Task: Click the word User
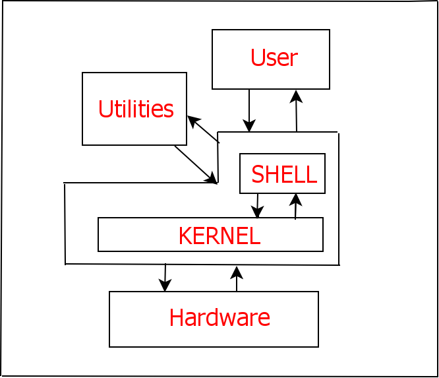(x=274, y=58)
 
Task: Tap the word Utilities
(x=136, y=109)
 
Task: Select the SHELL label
(x=283, y=174)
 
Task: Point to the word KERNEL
(x=219, y=236)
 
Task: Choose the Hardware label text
(x=219, y=317)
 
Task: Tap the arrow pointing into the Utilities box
(x=202, y=129)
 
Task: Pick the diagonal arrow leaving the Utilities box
(x=196, y=164)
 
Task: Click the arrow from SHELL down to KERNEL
(x=258, y=206)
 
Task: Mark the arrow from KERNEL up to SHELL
(x=296, y=206)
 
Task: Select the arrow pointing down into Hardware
(x=165, y=278)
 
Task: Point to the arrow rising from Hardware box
(x=237, y=278)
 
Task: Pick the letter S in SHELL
(x=258, y=174)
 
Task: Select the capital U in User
(x=257, y=58)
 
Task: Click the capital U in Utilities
(x=104, y=109)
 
